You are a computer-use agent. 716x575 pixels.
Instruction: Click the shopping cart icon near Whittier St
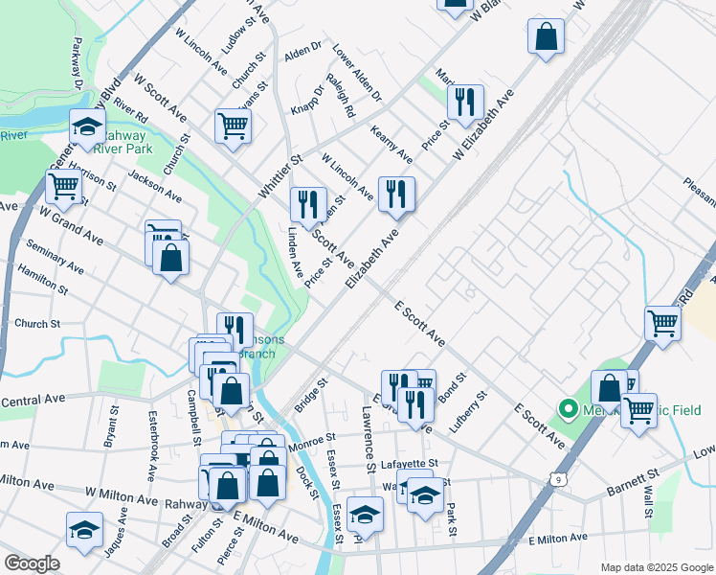(234, 126)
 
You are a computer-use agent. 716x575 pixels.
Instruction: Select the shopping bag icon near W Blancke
(546, 37)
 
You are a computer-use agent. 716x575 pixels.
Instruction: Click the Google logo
(32, 563)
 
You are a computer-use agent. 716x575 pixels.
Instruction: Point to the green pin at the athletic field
(567, 410)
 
